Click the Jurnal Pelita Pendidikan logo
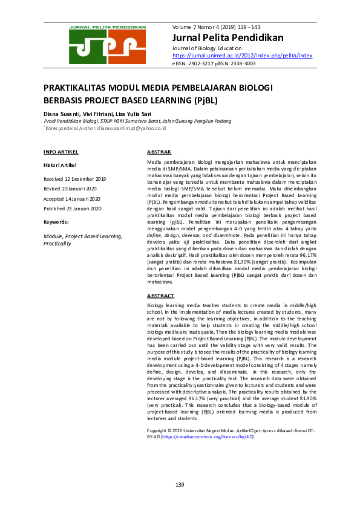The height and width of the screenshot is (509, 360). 107,45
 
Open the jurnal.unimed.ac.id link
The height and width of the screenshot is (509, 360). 242,55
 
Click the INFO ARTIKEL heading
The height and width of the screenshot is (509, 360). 61,151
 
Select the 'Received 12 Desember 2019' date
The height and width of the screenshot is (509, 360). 74,180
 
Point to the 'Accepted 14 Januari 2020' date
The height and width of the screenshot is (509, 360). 73,199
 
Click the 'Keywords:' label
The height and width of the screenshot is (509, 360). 56,222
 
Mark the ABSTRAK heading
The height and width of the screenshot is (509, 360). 160,151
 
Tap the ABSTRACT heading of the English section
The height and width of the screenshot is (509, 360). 161,296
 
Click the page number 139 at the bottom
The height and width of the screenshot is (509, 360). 180,485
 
